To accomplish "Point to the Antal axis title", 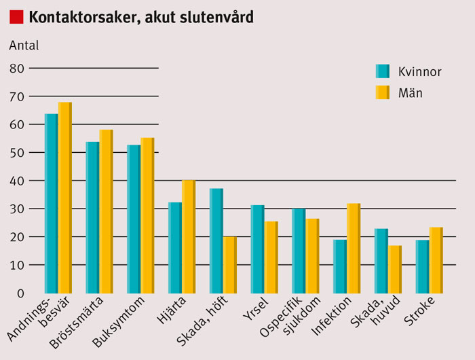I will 24,46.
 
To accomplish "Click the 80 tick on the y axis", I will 17,69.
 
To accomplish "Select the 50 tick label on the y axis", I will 17,153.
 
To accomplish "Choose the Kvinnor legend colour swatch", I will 383,71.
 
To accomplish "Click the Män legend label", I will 411,93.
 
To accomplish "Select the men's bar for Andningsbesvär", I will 65,197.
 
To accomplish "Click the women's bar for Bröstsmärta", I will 92,217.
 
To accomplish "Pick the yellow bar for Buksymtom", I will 148,215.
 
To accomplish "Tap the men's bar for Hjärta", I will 189,236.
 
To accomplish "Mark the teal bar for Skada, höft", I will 216,240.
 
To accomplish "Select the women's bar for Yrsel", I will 258,249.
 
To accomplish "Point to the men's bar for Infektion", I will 354,248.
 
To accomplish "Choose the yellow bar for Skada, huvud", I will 395,269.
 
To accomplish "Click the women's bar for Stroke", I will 423,266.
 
